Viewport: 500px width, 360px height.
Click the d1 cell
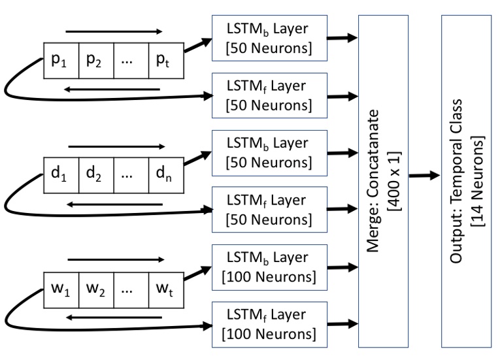[x=62, y=175]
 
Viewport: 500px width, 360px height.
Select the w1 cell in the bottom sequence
[x=62, y=288]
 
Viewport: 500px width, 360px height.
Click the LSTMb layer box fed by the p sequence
[x=266, y=38]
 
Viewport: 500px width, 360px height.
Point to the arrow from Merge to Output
[x=423, y=176]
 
